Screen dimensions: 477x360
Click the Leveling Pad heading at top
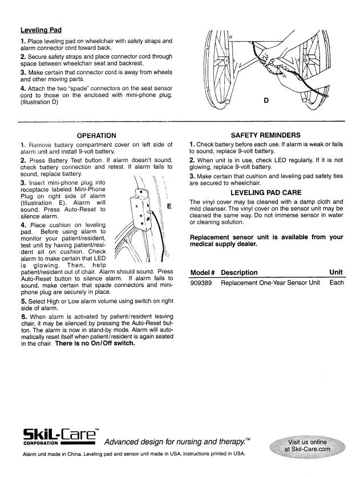click(41, 30)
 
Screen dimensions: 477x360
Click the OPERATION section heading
click(96, 135)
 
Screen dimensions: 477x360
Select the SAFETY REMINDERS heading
click(265, 135)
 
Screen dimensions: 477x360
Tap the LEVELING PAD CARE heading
click(265, 192)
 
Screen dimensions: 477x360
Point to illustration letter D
click(266, 101)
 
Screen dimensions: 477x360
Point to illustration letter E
click(169, 207)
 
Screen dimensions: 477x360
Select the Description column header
click(239, 272)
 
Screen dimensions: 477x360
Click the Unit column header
click(337, 272)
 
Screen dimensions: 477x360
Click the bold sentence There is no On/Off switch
click(95, 343)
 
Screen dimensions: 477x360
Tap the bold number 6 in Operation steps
click(22, 316)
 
